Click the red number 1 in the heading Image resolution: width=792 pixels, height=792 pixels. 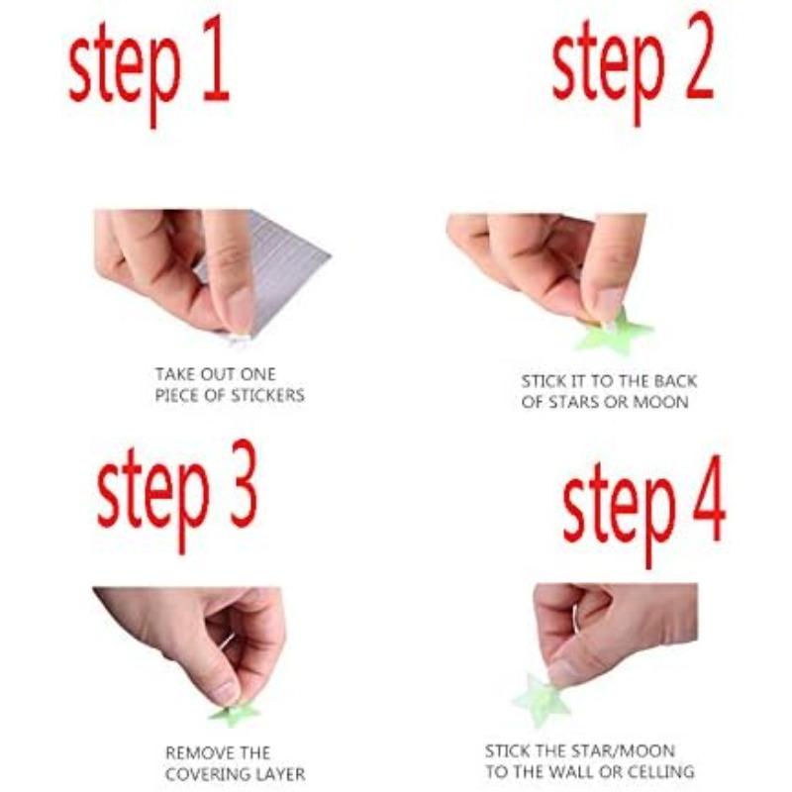(x=216, y=59)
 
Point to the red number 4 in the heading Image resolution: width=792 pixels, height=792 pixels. (x=709, y=498)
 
